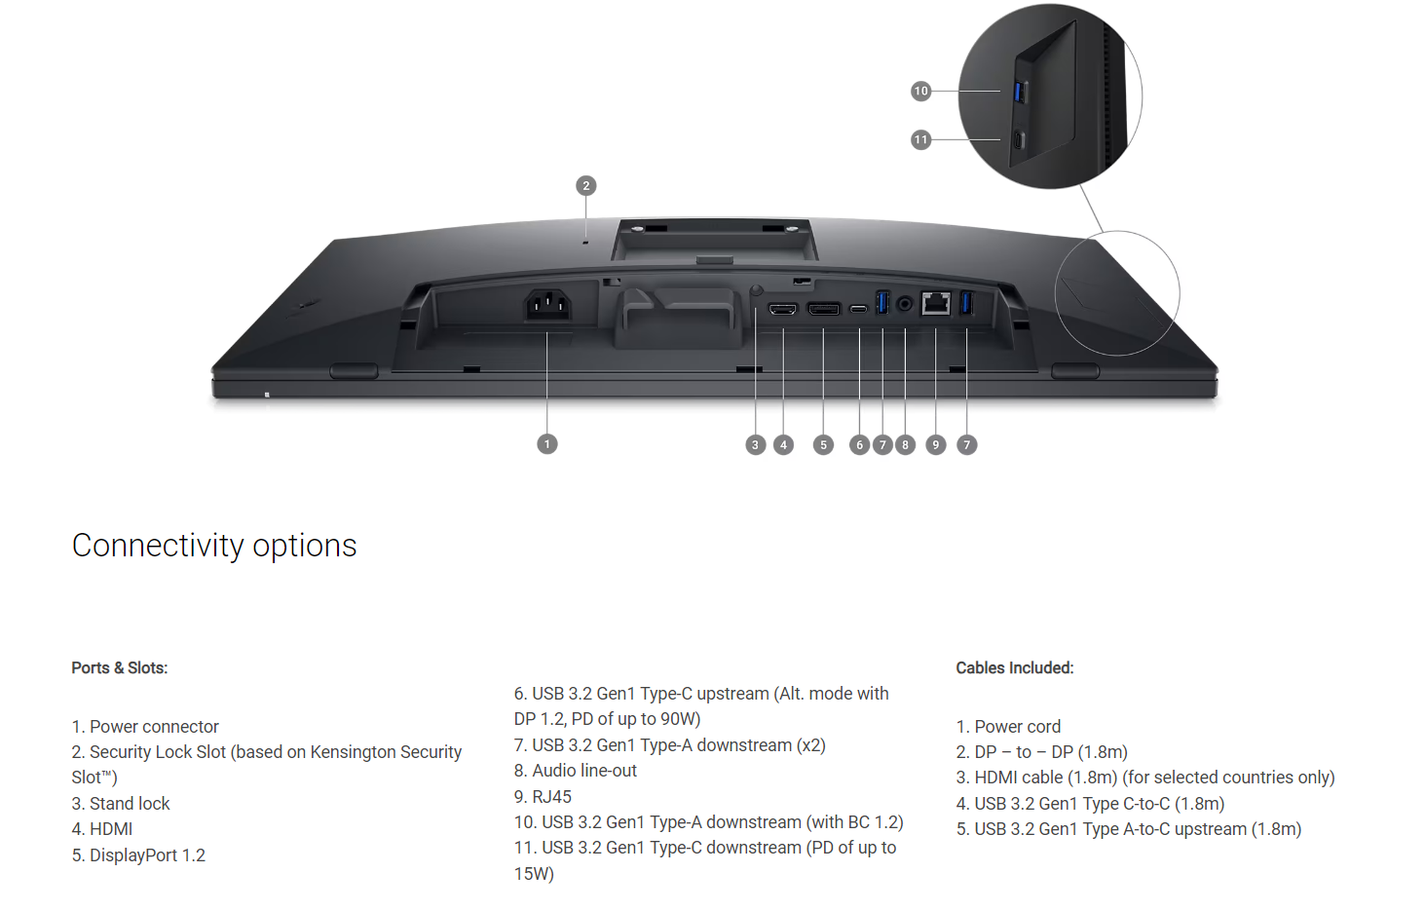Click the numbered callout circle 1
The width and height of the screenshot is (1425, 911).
(547, 444)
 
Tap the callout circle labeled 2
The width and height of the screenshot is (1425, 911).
(586, 186)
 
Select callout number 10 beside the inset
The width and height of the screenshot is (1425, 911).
(920, 91)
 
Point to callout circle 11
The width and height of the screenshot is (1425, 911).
(920, 139)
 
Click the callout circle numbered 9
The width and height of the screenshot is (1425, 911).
(935, 444)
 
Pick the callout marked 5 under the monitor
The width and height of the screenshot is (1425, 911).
(823, 444)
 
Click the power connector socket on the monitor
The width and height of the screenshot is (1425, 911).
(547, 305)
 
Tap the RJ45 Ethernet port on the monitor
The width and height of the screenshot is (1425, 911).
(936, 303)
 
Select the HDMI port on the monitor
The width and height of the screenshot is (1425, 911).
(782, 309)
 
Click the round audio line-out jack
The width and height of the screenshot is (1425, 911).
(905, 304)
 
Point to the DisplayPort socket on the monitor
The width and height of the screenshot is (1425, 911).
(824, 309)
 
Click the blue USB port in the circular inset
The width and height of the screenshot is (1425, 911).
(1020, 92)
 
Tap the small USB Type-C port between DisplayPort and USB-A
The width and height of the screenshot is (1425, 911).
(859, 309)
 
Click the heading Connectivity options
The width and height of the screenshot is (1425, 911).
(214, 546)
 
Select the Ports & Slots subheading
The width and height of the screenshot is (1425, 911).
(120, 667)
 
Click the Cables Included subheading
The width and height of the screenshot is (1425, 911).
(1015, 667)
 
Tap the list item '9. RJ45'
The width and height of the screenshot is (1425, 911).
(543, 796)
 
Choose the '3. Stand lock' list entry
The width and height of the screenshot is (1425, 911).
(121, 804)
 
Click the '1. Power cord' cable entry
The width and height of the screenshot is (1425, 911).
(1008, 727)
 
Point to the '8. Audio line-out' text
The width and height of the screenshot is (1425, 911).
(575, 771)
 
